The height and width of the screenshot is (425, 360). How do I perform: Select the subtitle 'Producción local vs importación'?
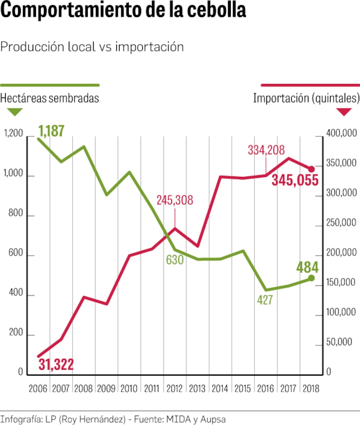[x=92, y=47]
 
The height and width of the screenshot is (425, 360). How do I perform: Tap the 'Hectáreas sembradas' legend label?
[x=49, y=98]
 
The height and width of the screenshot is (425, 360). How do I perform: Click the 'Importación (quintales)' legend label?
[x=306, y=98]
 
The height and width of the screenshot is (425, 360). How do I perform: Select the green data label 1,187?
[x=51, y=131]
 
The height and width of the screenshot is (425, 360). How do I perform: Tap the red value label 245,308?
[x=174, y=200]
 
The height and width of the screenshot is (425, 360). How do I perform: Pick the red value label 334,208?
[x=266, y=150]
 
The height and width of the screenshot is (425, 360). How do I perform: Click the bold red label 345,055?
[x=295, y=180]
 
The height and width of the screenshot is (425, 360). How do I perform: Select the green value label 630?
[x=175, y=260]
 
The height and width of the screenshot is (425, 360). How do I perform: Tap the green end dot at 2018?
[x=311, y=278]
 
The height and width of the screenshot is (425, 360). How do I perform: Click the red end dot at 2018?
[x=311, y=169]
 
